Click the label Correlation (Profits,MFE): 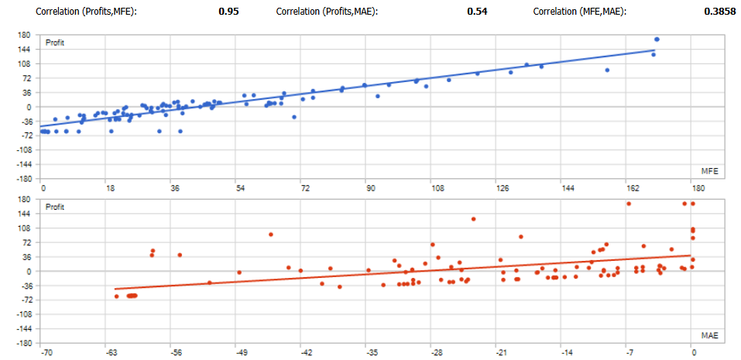(86, 12)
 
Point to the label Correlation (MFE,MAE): (580, 12)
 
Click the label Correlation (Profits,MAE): (327, 12)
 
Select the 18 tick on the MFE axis (109, 188)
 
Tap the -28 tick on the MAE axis (436, 353)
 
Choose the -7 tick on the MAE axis (630, 353)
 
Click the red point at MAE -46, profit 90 (271, 234)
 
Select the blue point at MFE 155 (607, 70)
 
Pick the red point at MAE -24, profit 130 (473, 219)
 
